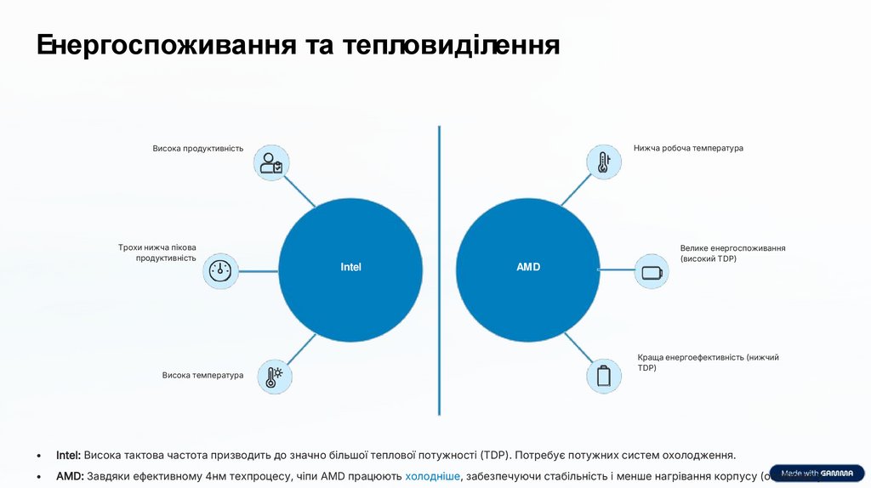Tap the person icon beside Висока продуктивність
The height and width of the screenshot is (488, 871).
[x=272, y=162]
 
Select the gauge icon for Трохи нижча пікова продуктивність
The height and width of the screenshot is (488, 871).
[x=220, y=271]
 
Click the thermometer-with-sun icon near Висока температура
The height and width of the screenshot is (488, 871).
[x=272, y=375]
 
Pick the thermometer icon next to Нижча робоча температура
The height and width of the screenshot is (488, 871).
[x=603, y=162]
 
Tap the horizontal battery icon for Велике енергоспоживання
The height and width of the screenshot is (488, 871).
[x=652, y=272]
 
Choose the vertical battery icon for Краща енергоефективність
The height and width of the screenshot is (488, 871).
[x=603, y=375]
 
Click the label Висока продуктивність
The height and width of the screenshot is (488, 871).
[x=198, y=149]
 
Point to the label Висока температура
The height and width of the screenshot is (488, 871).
[x=202, y=375]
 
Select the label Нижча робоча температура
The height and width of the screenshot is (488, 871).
[x=688, y=148]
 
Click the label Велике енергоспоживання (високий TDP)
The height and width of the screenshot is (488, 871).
[x=732, y=253]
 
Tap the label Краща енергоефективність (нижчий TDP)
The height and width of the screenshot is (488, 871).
[x=708, y=363]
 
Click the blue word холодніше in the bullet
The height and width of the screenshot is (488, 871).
[x=433, y=476]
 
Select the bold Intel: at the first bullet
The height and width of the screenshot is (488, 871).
[x=68, y=455]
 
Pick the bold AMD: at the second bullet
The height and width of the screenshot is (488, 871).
[x=70, y=476]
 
